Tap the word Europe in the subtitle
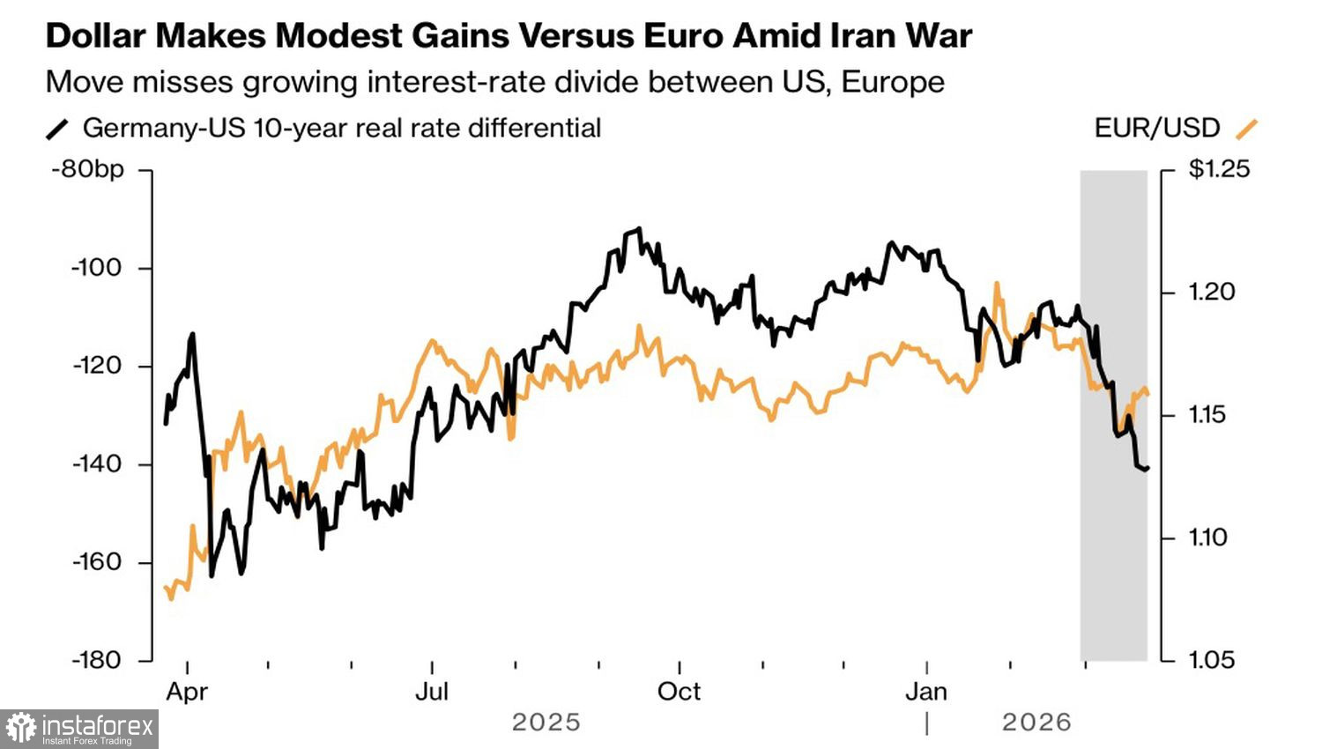point(893,82)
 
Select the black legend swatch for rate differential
point(57,130)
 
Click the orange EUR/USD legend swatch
point(1246,129)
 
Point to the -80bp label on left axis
point(88,169)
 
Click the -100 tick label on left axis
point(96,268)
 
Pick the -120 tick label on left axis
point(96,366)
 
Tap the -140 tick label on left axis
point(96,463)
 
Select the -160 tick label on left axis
point(96,561)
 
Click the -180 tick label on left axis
point(96,659)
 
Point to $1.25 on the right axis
point(1219,169)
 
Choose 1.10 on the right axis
point(1207,537)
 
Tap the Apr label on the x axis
point(187,692)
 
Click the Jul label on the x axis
point(432,692)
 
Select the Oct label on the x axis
point(679,692)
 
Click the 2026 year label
point(1036,723)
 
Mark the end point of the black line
point(1147,469)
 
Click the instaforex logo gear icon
point(21,729)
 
